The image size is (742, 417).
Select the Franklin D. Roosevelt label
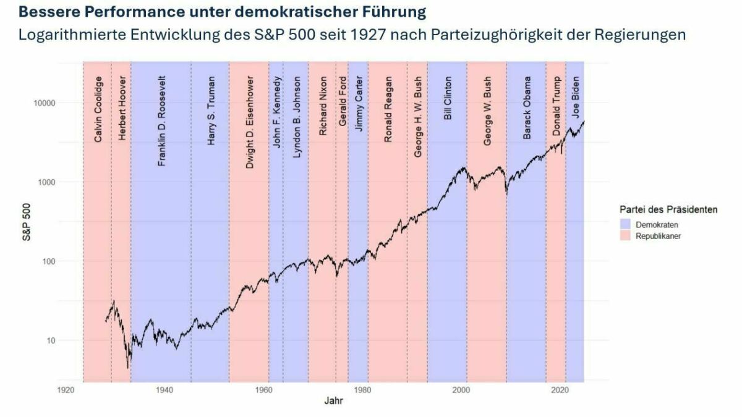click(x=162, y=129)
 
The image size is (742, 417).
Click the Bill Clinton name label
click(x=448, y=98)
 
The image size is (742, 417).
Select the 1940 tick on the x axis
click(x=164, y=390)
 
